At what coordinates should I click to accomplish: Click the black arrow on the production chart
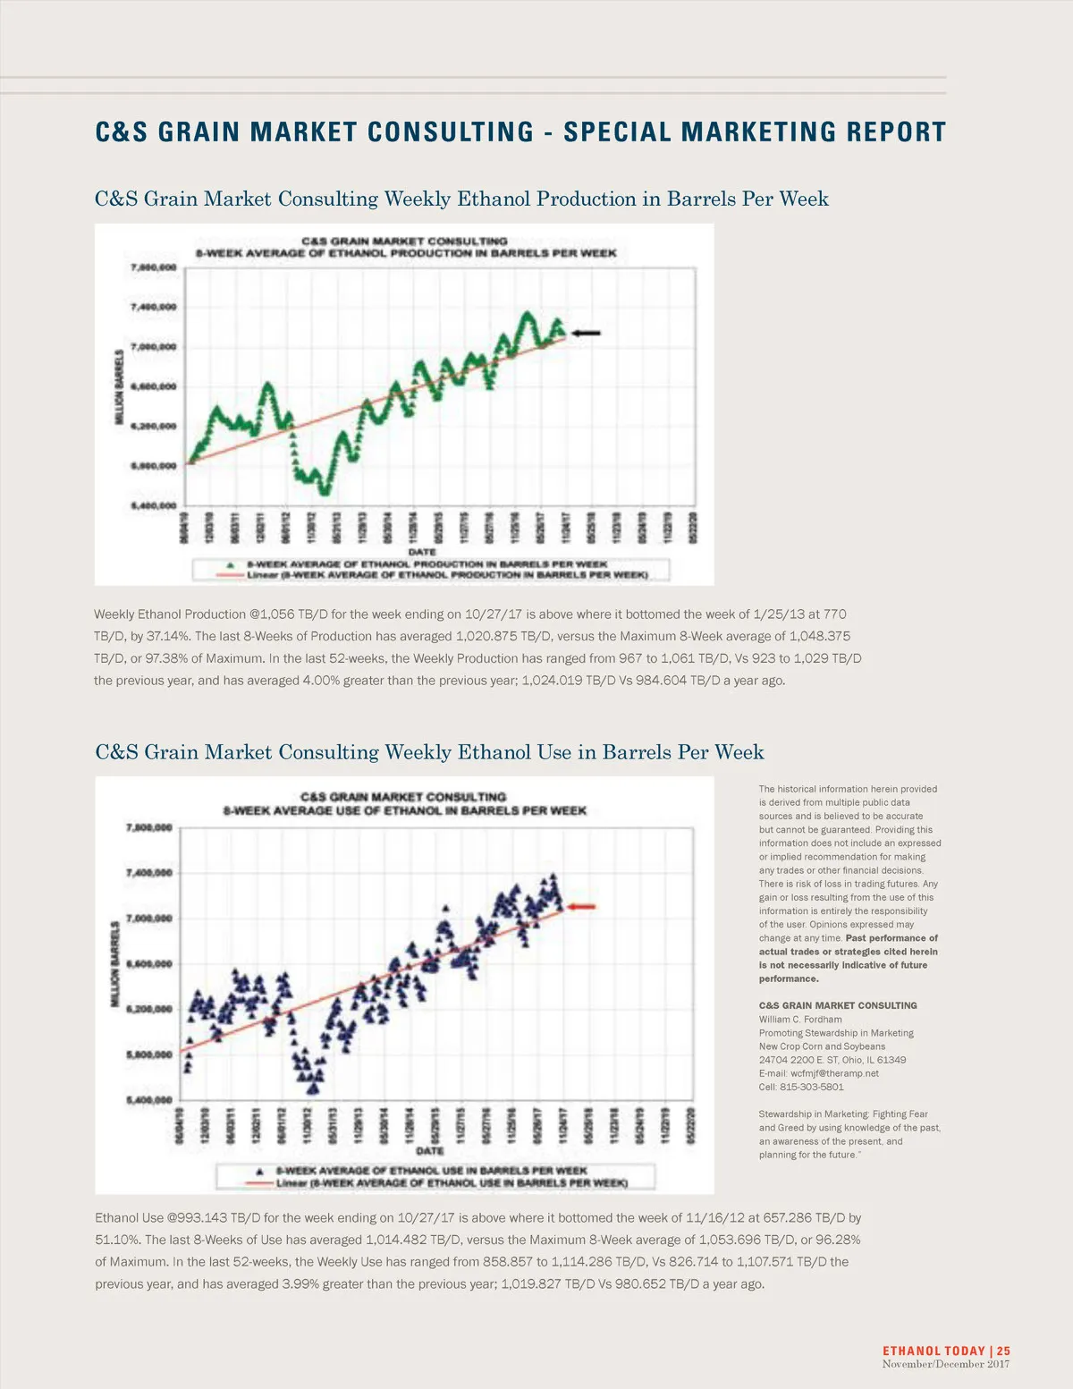[x=587, y=333]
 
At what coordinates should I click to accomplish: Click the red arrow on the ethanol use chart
[x=581, y=907]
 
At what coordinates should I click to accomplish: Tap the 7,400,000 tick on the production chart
[x=154, y=307]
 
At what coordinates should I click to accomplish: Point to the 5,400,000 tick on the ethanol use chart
[x=149, y=1100]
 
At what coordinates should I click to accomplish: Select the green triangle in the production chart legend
[x=230, y=565]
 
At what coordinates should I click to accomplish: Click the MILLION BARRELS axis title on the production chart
[x=120, y=387]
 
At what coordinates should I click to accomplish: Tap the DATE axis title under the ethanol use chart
[x=430, y=1151]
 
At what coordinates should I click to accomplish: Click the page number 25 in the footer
[x=1003, y=1351]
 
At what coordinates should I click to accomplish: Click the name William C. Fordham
[x=800, y=1019]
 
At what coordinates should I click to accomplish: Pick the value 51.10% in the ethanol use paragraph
[x=114, y=1240]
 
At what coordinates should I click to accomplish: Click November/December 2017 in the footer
[x=946, y=1364]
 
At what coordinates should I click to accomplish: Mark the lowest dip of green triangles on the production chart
[x=324, y=489]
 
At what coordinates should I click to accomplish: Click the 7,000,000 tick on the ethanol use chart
[x=149, y=919]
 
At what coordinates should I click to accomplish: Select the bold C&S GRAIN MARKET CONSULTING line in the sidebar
[x=838, y=1005]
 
